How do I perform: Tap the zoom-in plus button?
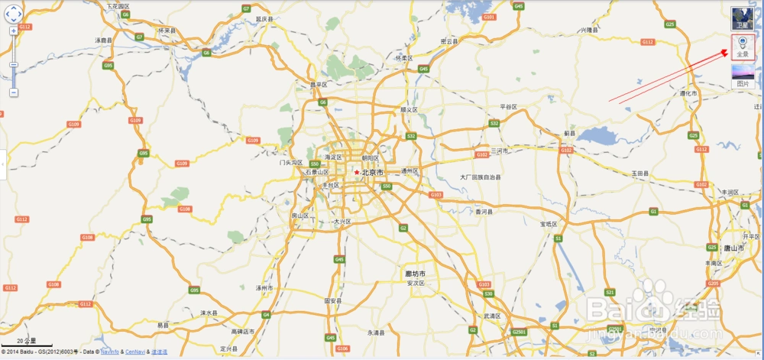coord(14,31)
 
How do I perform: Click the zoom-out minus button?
coord(14,92)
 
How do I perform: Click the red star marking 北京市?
coord(356,173)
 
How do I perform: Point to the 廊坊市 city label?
coord(416,274)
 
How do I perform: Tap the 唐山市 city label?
coord(735,248)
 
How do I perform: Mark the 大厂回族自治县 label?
coord(481,177)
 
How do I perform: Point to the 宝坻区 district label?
coord(549,224)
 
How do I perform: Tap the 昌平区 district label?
coord(319,85)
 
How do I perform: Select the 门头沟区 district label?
coord(291,163)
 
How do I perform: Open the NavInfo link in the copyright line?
coord(110,352)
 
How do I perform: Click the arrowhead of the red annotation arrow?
coord(727,52)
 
